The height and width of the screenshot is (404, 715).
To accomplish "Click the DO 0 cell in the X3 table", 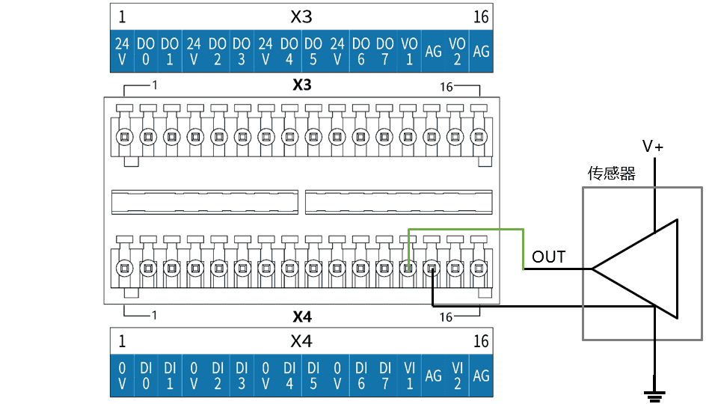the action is point(146,51).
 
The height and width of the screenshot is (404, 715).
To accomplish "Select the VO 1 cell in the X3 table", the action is point(409,51).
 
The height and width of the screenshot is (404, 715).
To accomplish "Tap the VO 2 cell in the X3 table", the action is point(457,51).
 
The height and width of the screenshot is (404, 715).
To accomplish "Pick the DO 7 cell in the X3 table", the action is point(385,51).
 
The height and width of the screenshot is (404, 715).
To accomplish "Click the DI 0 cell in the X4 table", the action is point(146,376).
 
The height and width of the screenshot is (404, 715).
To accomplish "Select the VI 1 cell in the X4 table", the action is point(410,376).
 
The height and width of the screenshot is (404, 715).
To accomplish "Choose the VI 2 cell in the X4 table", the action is point(457,376).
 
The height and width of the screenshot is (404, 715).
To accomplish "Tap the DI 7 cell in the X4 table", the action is point(385,376).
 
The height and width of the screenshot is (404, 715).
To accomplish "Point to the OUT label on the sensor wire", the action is point(548,257).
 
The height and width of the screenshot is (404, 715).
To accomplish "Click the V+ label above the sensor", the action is point(652,147).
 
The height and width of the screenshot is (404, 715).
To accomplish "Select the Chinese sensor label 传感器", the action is point(611,174).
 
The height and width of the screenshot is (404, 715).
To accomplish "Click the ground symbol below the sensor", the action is point(655,396).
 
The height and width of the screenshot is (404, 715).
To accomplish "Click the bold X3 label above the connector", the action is point(302,85).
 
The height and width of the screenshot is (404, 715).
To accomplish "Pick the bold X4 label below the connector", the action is point(302,316).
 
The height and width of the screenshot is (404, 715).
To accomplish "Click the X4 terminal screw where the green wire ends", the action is point(408,268).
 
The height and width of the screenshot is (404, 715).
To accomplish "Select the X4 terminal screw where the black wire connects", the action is point(432,268).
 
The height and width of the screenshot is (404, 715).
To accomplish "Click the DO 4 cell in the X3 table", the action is point(289,51).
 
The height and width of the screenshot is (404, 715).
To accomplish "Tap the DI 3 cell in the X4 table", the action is point(242,376).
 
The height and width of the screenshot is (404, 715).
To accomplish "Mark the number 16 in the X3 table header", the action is point(481,17).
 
